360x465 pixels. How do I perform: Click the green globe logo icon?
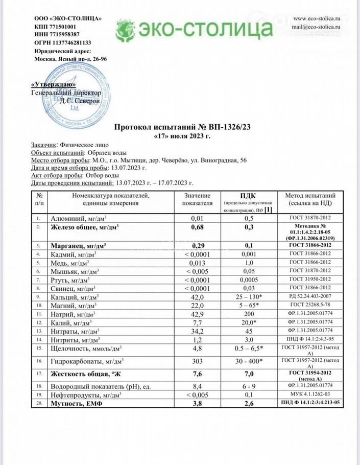click(x=125, y=31)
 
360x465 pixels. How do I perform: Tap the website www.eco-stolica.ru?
click(x=317, y=17)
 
